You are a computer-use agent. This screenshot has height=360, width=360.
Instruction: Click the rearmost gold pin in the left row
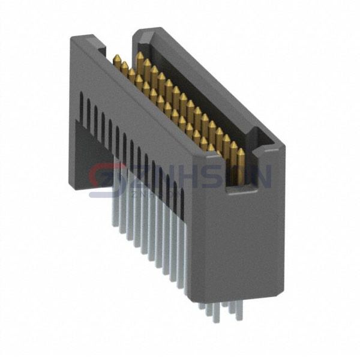click(115, 60)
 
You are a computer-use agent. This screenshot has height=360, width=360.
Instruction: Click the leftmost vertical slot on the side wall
click(81, 108)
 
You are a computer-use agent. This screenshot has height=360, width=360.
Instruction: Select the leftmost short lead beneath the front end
click(202, 306)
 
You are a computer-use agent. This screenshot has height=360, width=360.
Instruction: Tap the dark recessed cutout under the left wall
click(90, 150)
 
